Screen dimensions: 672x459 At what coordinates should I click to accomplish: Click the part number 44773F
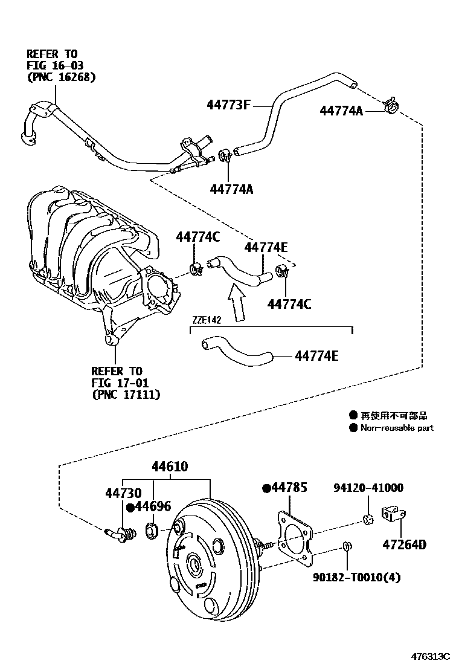228,105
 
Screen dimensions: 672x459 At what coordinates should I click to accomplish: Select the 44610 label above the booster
170,467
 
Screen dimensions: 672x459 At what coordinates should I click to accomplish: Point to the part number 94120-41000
369,488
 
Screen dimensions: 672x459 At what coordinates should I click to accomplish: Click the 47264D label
404,545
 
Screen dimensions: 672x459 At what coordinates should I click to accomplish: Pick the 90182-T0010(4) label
356,577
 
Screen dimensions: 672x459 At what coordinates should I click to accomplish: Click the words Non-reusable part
397,428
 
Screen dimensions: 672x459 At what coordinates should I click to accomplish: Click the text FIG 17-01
117,383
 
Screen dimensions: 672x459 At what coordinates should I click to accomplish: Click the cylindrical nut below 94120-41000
368,519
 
